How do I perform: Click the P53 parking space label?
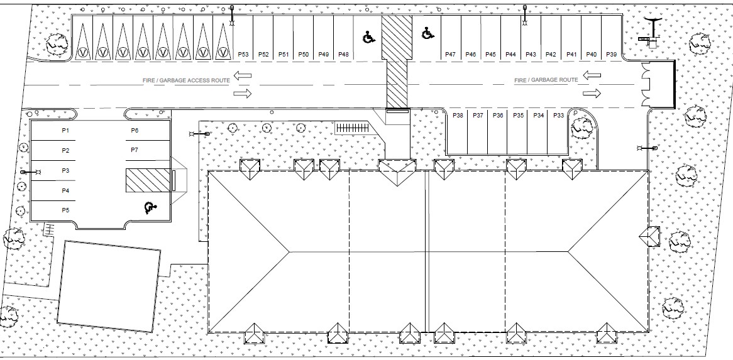243,55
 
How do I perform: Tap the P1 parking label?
65,130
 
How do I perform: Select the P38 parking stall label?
458,116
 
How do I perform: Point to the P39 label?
612,55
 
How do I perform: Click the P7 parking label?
135,150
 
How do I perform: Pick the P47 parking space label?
450,55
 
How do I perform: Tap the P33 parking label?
558,116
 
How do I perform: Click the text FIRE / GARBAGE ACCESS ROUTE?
187,80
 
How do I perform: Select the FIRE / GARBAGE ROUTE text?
546,80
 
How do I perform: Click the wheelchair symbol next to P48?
369,37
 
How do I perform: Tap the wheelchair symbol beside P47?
427,33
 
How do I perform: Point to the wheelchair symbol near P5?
150,207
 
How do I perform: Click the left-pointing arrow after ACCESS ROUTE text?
243,75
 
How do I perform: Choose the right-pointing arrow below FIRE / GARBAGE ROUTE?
592,94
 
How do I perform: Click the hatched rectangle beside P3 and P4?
148,180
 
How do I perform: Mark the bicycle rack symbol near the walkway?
352,128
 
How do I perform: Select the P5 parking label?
65,210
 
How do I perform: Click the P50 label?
304,55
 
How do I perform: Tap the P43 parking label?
531,55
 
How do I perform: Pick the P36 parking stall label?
498,116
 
